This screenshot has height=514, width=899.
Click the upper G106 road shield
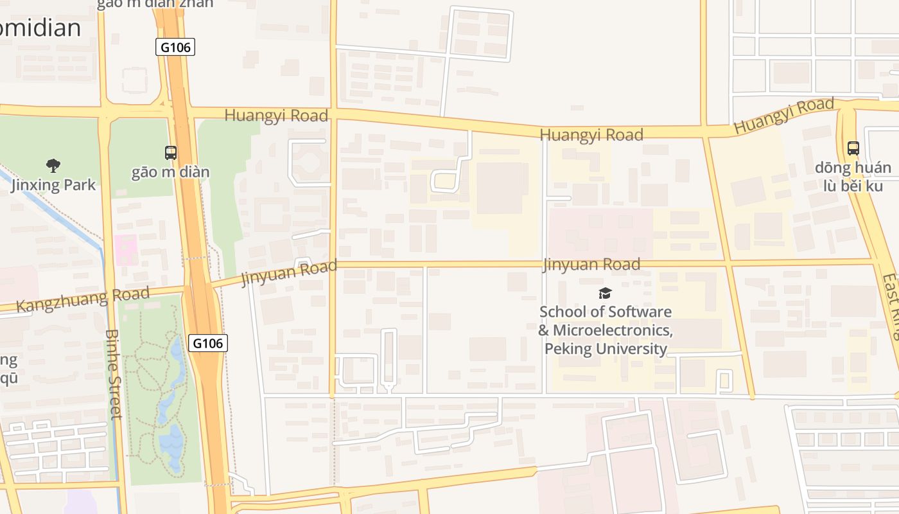pos(175,47)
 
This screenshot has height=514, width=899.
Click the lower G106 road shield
pos(208,343)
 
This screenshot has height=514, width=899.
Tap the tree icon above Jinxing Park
pos(53,166)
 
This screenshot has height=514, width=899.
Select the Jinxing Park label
pos(53,185)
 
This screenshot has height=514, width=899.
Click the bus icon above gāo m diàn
pos(171,153)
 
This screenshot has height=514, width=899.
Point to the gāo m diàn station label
pos(171,172)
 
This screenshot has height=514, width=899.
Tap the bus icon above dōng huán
pos(853,148)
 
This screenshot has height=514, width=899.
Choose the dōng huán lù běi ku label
pos(853,177)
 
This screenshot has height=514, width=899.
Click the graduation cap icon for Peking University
pos(605,294)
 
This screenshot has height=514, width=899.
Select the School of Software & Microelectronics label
pos(606,330)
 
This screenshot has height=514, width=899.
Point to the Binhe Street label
pos(113,374)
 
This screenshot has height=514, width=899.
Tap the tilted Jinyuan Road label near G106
pos(289,273)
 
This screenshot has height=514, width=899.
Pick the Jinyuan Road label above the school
pos(591,264)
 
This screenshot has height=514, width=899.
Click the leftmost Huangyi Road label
pos(276,116)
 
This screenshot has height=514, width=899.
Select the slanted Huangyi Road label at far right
pos(783,116)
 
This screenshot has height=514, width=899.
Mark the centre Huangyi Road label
pos(591,134)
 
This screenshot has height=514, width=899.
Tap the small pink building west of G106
pos(126,249)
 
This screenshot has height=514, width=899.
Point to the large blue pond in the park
pos(171,441)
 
